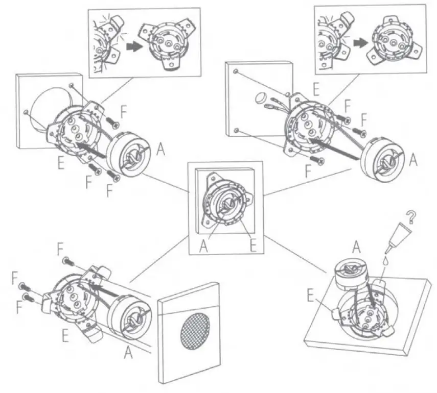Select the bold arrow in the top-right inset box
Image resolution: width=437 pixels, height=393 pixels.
click(x=364, y=41)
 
